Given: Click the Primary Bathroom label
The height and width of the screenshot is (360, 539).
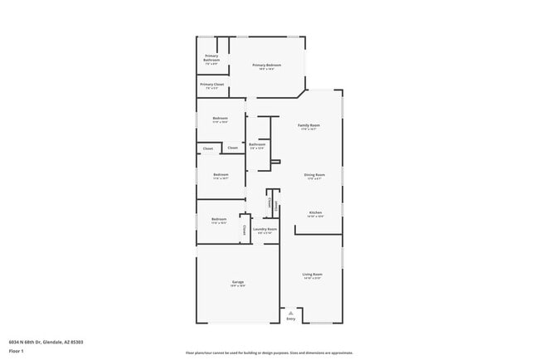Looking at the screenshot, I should coord(211,57).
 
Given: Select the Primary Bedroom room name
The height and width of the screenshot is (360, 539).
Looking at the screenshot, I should coord(267,65).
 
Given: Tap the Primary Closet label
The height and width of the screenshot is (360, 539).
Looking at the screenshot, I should coord(211,84).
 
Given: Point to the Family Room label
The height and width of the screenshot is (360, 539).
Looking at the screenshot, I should coord(309,125).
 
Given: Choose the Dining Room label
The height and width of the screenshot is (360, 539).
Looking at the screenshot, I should coord(314,174).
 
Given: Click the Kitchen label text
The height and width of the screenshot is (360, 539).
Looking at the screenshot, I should coord(315,212).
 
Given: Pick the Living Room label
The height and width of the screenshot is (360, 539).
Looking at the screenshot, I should coord(312,274).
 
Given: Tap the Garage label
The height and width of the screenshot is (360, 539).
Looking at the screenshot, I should coord(237,283).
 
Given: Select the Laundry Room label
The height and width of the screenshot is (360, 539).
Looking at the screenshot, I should coord(265,229).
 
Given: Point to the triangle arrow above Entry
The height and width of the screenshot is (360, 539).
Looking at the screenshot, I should coord(290,313).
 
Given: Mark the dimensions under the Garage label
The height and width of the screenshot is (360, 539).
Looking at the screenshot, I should coord(237,287).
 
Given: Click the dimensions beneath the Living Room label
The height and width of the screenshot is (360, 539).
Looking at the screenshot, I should coord(312,278).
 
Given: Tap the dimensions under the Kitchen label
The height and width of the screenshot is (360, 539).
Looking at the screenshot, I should coord(315,216).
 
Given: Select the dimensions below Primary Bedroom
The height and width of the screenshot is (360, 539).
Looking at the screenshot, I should coord(267,69).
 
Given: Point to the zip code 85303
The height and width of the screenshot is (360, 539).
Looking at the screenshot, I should coord(76,342).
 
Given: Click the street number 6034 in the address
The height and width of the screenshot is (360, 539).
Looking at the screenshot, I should coord(13,342).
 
